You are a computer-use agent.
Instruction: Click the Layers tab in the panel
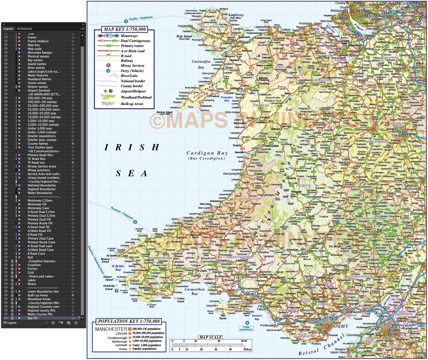(x=8, y=29)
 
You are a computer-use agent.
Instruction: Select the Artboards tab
(x=24, y=29)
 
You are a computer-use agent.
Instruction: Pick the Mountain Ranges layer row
(x=40, y=53)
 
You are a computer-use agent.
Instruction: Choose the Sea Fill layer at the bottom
(x=32, y=318)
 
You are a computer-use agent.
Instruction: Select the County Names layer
(x=38, y=144)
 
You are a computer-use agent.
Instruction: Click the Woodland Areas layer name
(x=39, y=299)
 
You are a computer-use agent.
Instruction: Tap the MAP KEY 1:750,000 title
(x=124, y=29)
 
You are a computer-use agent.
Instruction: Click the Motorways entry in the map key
(x=129, y=36)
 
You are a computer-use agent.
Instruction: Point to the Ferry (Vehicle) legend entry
(x=132, y=71)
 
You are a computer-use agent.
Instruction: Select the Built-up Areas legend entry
(x=132, y=104)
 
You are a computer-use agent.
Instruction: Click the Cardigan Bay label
(x=207, y=153)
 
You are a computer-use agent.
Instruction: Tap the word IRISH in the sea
(x=132, y=148)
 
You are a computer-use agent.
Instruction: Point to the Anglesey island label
(x=236, y=15)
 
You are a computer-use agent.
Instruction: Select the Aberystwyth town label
(x=231, y=174)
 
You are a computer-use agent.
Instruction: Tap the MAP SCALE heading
(x=210, y=337)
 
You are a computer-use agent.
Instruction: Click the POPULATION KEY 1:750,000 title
(x=129, y=321)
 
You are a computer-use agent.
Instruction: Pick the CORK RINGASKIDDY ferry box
(x=246, y=328)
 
